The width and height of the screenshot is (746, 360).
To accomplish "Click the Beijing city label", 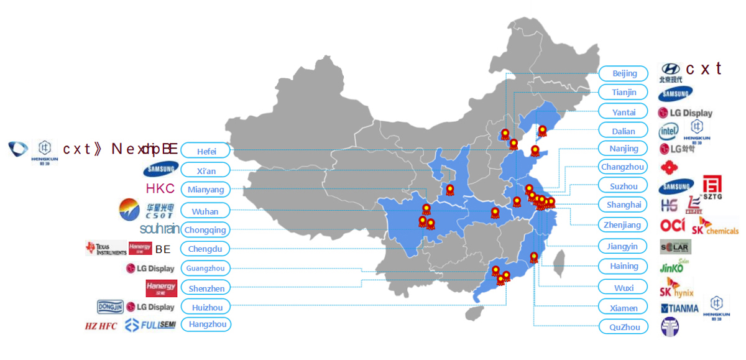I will point(624,73).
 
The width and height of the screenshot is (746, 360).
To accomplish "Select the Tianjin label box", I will point(624,93).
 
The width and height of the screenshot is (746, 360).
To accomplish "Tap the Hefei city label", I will point(206,151).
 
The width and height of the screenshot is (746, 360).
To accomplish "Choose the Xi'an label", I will point(206,170).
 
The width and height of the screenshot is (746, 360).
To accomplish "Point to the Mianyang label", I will point(206,190).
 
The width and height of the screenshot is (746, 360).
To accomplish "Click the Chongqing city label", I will point(206,229).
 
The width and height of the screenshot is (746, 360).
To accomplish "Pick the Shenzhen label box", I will point(206,288).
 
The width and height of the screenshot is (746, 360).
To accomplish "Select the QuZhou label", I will point(624,327).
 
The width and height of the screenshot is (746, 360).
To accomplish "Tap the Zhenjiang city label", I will point(624,225).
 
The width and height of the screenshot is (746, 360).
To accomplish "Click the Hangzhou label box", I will point(206,324).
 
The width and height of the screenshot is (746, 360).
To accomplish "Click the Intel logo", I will point(669,131).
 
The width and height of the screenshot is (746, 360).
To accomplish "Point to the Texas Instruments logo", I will point(105,249).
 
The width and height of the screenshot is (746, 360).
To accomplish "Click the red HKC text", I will point(160,189).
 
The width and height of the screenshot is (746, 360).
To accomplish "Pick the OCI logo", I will point(673,225).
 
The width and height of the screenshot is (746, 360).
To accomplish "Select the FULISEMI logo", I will point(150,325).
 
